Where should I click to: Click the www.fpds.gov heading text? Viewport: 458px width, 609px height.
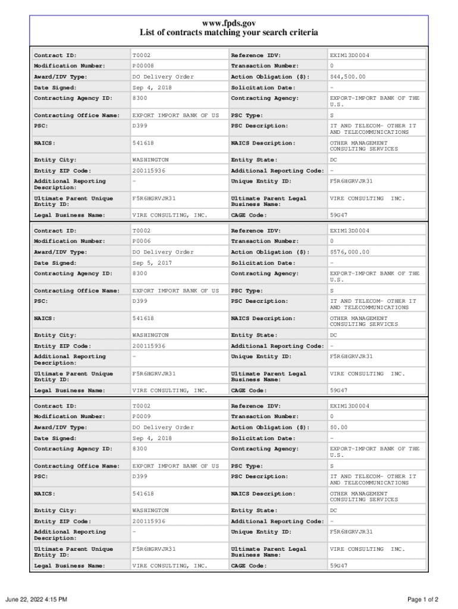pos(229,23)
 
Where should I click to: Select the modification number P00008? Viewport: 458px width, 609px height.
pos(142,66)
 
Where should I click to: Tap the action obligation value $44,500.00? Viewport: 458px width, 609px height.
pos(348,77)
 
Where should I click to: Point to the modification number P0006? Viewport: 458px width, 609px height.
pos(141,241)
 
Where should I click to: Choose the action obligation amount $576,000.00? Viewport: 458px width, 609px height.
pos(350,252)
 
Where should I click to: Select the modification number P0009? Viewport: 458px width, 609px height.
pos(141,417)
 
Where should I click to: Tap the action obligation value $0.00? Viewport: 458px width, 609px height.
pos(339,428)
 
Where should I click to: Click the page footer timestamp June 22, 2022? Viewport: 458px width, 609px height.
pos(36,599)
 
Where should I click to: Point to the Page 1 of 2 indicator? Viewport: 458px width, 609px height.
pos(423,599)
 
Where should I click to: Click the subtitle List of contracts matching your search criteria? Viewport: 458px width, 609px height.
pos(229,33)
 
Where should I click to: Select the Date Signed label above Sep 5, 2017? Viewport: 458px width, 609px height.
pos(55,263)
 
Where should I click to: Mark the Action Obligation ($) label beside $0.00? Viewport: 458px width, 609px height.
pos(270,428)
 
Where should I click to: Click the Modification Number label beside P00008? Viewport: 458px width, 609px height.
pos(70,66)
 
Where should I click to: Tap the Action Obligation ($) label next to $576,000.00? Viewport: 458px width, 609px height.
pos(270,252)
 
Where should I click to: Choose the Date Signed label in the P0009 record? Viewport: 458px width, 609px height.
pos(55,438)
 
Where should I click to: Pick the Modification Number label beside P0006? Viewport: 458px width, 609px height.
pos(70,241)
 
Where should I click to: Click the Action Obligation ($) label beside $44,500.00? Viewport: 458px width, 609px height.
pos(270,77)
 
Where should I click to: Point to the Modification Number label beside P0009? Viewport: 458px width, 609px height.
pos(70,417)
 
